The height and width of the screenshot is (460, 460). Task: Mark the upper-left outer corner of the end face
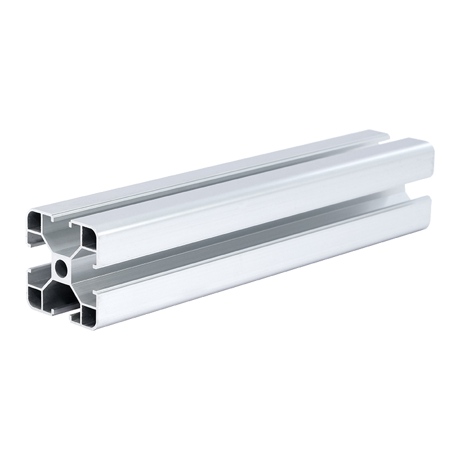[x=28, y=212]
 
